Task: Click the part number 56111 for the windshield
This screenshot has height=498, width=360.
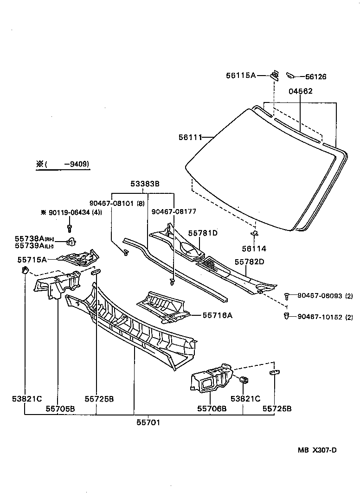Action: tap(190, 137)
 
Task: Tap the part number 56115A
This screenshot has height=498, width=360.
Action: tap(241, 75)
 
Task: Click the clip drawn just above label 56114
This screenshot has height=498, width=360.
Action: tap(254, 233)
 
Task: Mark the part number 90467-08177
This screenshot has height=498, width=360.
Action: tap(174, 211)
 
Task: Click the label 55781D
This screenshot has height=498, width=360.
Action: tap(203, 233)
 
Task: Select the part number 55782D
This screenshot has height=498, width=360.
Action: tap(249, 262)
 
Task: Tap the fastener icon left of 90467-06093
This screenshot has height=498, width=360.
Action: tap(288, 295)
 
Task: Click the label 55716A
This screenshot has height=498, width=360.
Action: tap(217, 315)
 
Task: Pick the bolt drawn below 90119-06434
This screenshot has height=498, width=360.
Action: tap(70, 228)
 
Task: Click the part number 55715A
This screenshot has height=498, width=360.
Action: tap(32, 260)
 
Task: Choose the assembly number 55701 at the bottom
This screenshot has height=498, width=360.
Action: tap(148, 422)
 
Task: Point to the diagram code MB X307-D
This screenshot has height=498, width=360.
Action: tap(317, 450)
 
